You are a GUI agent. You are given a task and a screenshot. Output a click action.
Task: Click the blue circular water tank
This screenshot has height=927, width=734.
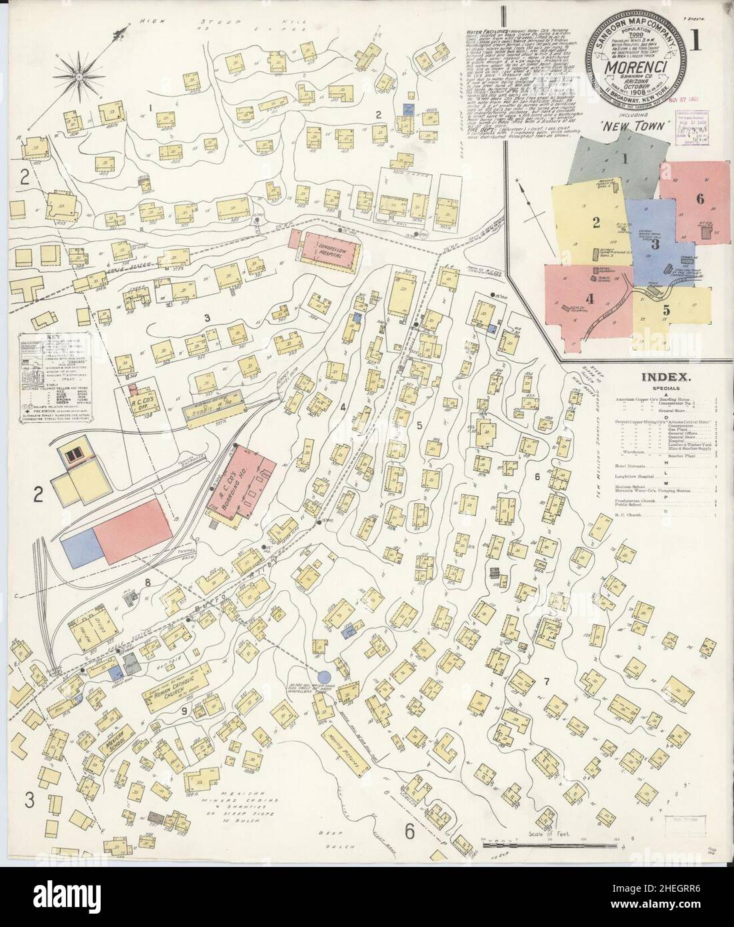click(x=323, y=678)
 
